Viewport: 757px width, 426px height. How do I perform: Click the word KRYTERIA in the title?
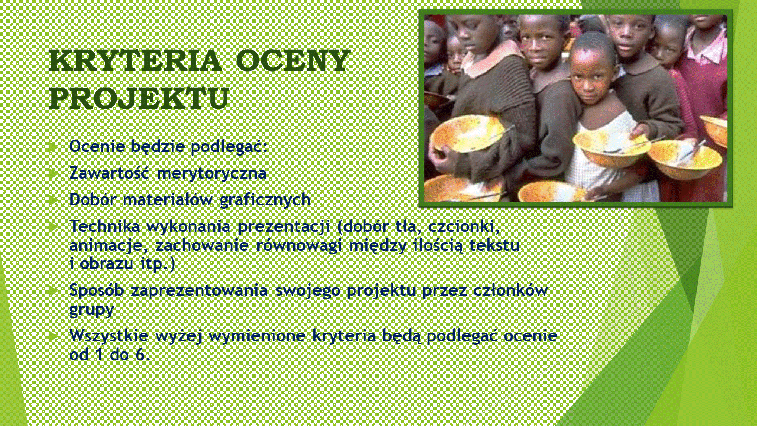pyautogui.click(x=135, y=60)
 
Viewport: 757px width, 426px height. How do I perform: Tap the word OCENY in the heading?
pyautogui.click(x=292, y=60)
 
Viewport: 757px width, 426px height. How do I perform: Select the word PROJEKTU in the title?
pyautogui.click(x=139, y=98)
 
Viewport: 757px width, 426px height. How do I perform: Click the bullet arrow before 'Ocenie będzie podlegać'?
pyautogui.click(x=53, y=147)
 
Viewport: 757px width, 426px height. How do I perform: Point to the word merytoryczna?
pyautogui.click(x=212, y=174)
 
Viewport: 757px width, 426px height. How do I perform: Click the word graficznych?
pyautogui.click(x=265, y=199)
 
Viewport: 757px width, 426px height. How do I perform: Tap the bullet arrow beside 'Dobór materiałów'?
pyautogui.click(x=53, y=200)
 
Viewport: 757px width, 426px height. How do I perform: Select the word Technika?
pyautogui.click(x=105, y=226)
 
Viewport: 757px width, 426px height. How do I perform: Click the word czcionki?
pyautogui.click(x=464, y=227)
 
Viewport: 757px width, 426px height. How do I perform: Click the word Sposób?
pyautogui.click(x=96, y=290)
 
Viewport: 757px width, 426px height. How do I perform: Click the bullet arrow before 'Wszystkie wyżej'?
pyautogui.click(x=53, y=336)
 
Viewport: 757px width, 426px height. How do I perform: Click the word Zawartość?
pyautogui.click(x=109, y=173)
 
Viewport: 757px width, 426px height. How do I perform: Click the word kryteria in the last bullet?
pyautogui.click(x=344, y=335)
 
